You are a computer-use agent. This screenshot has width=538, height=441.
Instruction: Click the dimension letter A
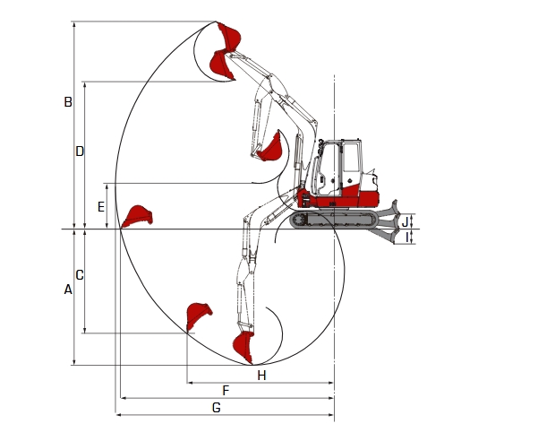67,290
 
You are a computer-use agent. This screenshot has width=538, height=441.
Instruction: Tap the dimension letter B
67,102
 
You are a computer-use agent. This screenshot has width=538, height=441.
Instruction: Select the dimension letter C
80,275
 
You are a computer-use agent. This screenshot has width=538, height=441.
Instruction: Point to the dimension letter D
80,151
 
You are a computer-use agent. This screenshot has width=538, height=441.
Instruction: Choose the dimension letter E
101,207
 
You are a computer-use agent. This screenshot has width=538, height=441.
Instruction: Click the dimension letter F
226,391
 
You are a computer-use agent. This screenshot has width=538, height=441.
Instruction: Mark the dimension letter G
216,408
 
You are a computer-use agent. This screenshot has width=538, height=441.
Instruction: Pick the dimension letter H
261,375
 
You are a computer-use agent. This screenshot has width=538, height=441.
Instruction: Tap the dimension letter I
407,237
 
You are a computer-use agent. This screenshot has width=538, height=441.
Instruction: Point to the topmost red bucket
229,38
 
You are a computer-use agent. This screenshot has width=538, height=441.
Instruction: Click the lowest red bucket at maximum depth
243,345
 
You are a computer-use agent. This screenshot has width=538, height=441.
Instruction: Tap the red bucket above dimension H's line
198,316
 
